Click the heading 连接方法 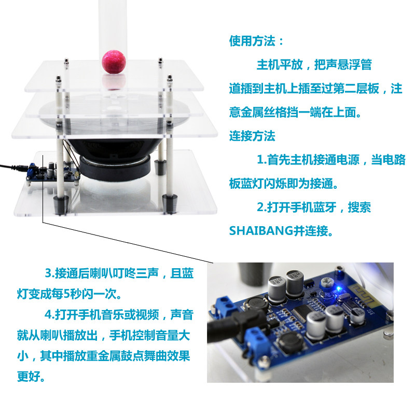252,136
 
